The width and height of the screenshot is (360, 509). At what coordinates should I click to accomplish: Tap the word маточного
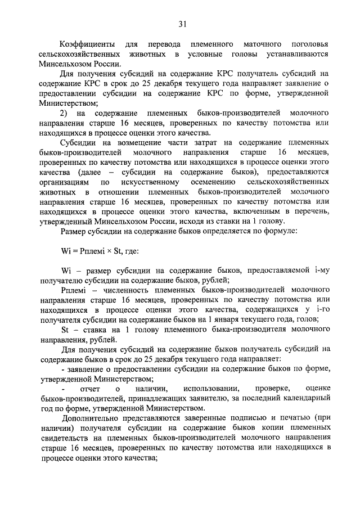(264, 44)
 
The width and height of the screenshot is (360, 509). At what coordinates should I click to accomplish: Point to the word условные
(207, 54)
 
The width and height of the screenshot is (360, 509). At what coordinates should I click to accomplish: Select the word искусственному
(150, 182)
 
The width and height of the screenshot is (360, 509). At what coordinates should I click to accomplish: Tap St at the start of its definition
(65, 329)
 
